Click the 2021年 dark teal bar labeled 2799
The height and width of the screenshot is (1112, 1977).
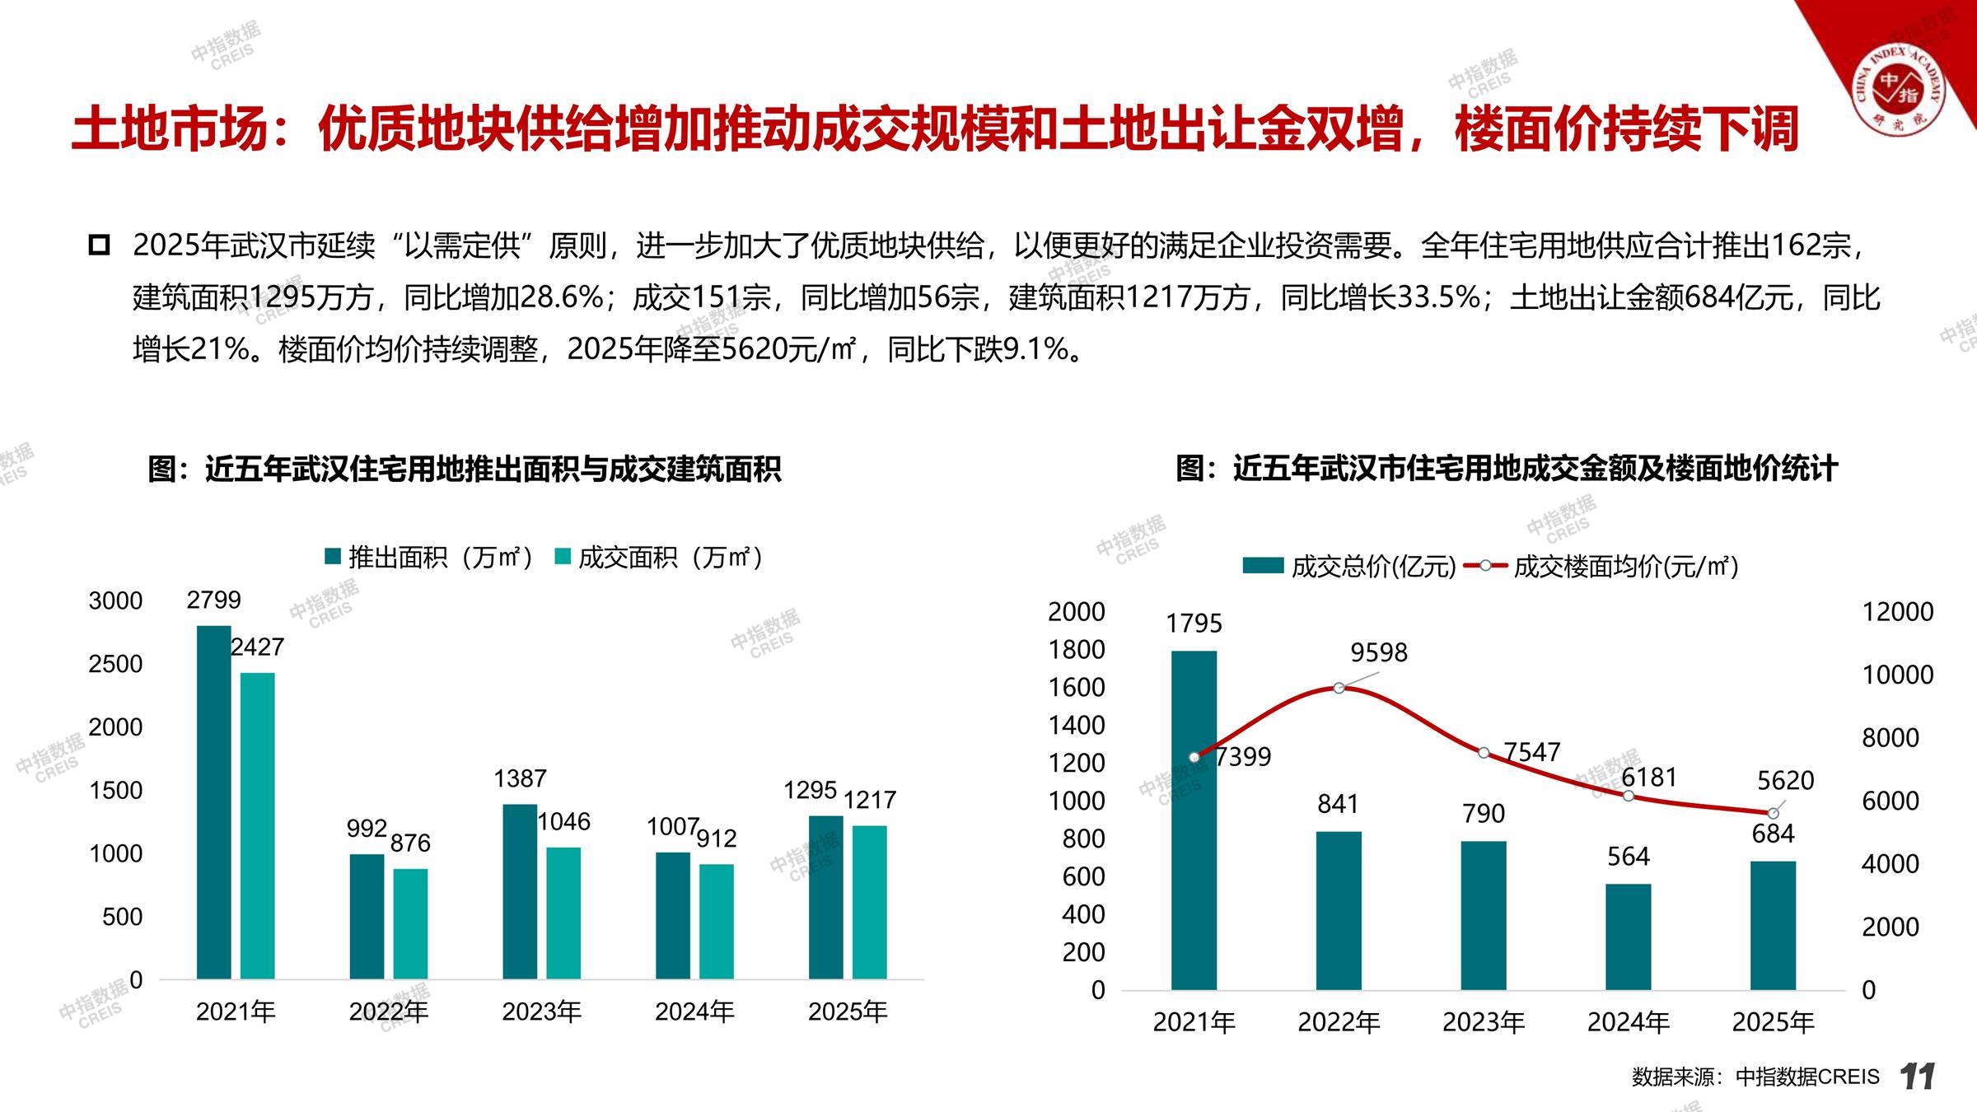coord(213,802)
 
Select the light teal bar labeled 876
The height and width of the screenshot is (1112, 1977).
coord(410,923)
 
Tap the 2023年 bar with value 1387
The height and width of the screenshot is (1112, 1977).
coord(520,891)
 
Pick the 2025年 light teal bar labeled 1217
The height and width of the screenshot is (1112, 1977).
coord(869,902)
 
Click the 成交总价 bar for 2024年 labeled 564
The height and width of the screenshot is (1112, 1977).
coord(1628,937)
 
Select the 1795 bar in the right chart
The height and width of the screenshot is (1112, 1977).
coord(1194,820)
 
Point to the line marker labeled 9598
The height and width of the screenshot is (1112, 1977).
coord(1339,688)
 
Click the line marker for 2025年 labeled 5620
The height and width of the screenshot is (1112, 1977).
coord(1773,814)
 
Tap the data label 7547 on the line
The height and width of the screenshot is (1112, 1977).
coord(1531,752)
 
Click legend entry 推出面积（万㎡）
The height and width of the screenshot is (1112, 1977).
coord(429,558)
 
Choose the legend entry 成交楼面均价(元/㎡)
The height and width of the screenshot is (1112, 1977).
coord(1602,567)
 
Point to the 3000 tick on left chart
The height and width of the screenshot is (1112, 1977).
coord(115,600)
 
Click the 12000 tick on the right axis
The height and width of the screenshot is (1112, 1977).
coord(1897,611)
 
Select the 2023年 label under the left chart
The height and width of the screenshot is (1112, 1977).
coord(541,1012)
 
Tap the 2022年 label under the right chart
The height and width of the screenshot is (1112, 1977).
coord(1339,1022)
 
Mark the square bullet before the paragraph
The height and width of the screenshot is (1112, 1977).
coord(99,245)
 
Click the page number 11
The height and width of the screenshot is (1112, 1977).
coord(1918,1077)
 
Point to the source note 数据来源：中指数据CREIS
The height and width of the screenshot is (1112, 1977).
coord(1755,1077)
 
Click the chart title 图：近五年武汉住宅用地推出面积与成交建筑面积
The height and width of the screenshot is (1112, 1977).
coord(464,469)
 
